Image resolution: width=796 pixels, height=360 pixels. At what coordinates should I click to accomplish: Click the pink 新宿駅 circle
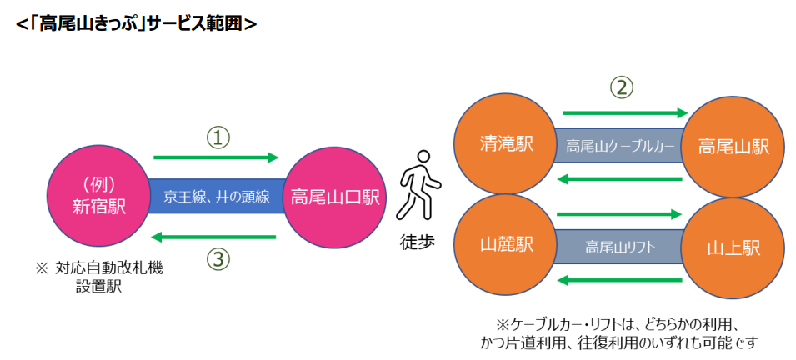point(98,197)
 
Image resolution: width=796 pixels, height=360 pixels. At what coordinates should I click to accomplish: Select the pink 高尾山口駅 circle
point(334,197)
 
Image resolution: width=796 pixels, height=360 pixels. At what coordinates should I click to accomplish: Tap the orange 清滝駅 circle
point(506,144)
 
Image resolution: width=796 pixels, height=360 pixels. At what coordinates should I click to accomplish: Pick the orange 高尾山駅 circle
point(733,146)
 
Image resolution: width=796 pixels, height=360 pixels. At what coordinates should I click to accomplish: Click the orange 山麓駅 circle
point(506,245)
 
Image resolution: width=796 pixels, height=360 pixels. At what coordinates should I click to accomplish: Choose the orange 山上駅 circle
point(733,247)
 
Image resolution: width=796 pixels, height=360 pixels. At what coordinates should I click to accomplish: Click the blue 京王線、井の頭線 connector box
point(216,197)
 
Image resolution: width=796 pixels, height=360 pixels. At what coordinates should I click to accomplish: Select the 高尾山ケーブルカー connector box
point(619,146)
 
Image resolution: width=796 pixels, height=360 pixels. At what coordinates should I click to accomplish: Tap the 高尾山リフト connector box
point(619,247)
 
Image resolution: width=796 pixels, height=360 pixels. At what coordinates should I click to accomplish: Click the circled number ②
point(622,86)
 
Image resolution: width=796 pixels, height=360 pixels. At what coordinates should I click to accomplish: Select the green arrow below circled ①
point(216,157)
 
